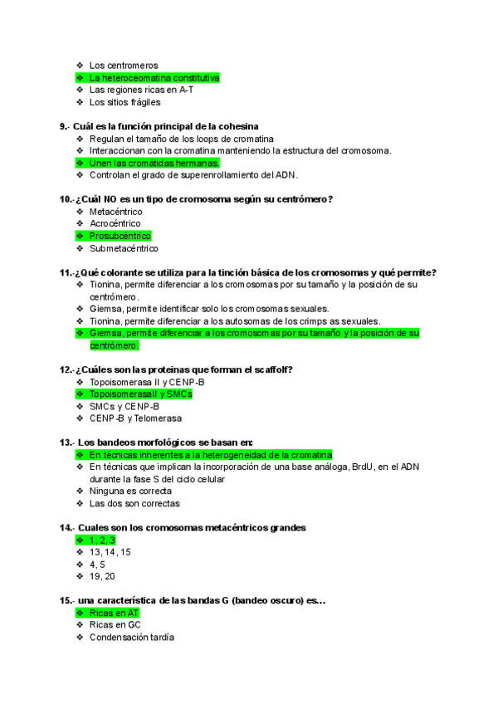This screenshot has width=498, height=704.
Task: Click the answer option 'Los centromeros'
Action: click(x=124, y=65)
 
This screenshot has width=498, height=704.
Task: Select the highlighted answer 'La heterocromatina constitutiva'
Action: click(x=154, y=77)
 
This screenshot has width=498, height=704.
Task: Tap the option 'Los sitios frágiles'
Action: click(x=124, y=102)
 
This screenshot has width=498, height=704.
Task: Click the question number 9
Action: click(x=64, y=126)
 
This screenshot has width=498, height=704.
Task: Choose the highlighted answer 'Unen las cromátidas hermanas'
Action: click(x=154, y=163)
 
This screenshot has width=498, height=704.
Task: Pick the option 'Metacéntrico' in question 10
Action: click(x=115, y=212)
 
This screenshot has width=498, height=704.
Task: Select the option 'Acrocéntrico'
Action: click(x=115, y=223)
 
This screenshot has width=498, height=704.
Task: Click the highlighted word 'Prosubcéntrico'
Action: click(x=120, y=236)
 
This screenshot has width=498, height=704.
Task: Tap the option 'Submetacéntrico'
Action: click(x=124, y=248)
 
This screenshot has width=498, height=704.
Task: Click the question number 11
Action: click(x=66, y=272)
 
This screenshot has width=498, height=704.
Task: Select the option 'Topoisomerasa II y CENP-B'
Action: click(x=147, y=382)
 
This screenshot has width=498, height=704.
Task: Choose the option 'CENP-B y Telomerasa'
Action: click(x=135, y=418)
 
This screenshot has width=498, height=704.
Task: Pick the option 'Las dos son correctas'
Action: click(x=134, y=503)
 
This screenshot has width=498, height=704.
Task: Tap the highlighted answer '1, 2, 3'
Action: click(x=102, y=540)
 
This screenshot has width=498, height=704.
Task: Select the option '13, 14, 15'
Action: click(x=110, y=552)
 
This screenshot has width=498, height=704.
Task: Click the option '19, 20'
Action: click(x=102, y=576)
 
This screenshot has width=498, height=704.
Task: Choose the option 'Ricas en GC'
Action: click(x=115, y=625)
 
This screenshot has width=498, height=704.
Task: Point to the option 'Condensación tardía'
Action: click(x=132, y=638)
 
